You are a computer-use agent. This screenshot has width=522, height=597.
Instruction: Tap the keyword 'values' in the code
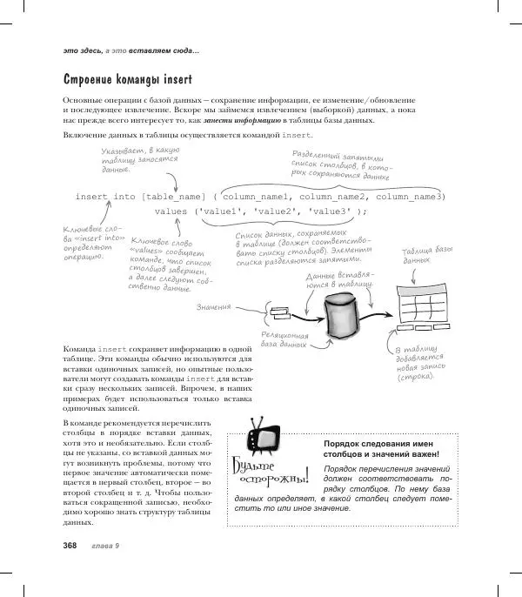click(173, 211)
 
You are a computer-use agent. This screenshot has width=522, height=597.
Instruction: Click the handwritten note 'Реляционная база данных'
click(284, 340)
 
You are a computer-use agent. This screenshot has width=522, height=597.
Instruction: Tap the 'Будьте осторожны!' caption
click(271, 474)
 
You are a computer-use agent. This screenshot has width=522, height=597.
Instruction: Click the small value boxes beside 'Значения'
click(280, 313)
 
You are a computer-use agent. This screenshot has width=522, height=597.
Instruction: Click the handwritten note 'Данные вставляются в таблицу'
click(340, 280)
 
